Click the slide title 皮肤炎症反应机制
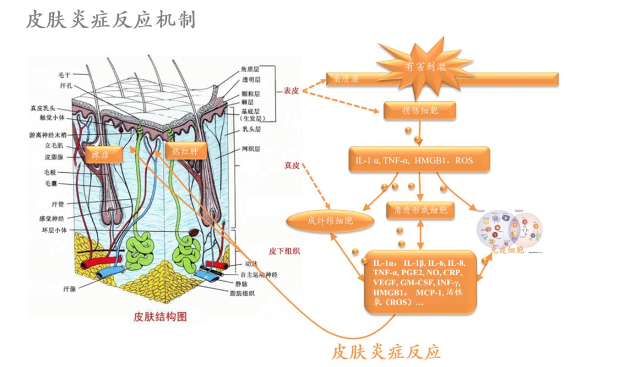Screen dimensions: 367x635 coord(111,21)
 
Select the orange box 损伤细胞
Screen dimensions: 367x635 coord(419,110)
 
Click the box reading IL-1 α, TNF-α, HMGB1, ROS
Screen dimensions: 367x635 coord(419,159)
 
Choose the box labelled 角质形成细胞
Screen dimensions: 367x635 coord(420,210)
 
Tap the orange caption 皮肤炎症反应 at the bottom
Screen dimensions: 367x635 coord(386,351)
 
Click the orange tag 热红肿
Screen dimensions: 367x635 coord(185,151)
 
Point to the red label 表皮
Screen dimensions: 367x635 coord(292,91)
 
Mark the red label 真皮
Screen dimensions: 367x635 coord(292,166)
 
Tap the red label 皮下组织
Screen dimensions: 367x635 coord(285,251)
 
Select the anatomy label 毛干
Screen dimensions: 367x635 coord(64,75)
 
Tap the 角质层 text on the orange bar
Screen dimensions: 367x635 coord(346,78)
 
